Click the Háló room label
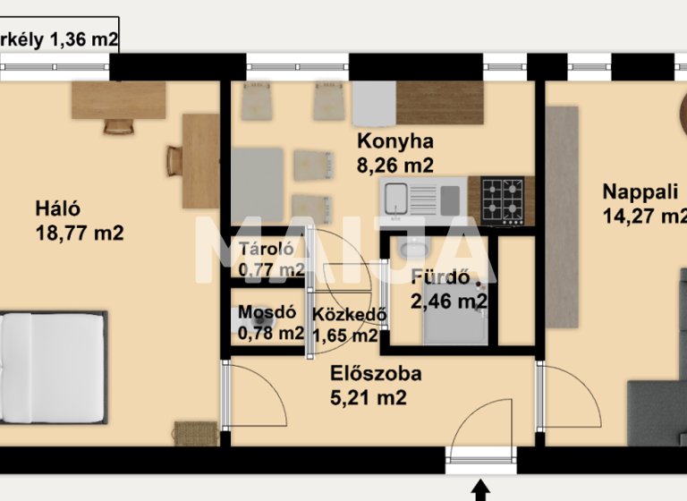tap(58, 208)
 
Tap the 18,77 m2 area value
tap(79, 233)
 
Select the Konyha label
tap(395, 141)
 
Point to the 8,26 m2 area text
tap(395, 165)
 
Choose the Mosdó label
tap(267, 313)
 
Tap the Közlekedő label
tap(350, 315)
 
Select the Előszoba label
tap(361, 374)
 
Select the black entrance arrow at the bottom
tap(481, 490)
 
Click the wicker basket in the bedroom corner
tap(195, 433)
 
